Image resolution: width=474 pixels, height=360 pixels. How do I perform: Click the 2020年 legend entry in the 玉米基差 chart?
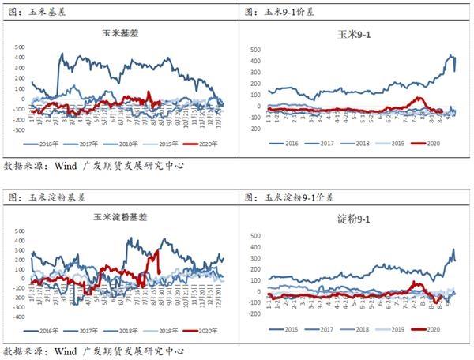pyautogui.click(x=205, y=144)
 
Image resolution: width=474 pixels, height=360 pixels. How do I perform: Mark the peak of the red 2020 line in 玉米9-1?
pyautogui.click(x=419, y=99)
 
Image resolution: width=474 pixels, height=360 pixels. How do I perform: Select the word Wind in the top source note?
pyautogui.click(x=66, y=166)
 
